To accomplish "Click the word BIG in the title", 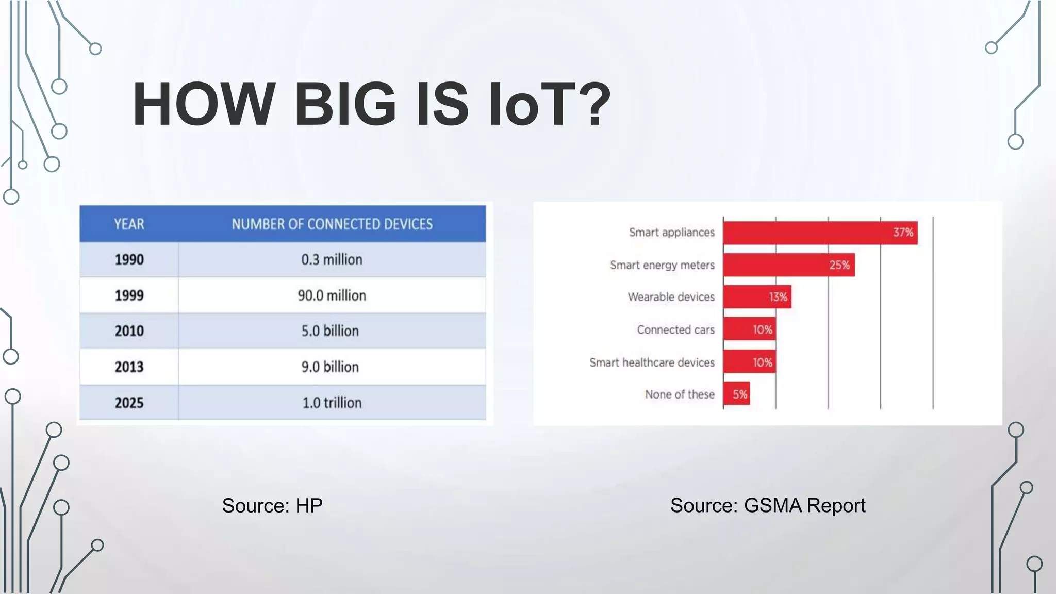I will [x=344, y=105].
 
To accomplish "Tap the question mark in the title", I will [x=593, y=105].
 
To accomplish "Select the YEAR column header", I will [x=129, y=224].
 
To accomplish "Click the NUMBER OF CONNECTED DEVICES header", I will [x=332, y=224].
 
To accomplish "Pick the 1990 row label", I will [x=129, y=259].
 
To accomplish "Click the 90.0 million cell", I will [x=332, y=295].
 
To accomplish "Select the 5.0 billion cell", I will [x=330, y=331].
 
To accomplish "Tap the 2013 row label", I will [x=129, y=367].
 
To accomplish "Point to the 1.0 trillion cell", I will [x=332, y=403].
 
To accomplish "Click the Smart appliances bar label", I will [x=671, y=233].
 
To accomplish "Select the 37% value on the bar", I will [x=903, y=233].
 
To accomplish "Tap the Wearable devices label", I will [x=671, y=297].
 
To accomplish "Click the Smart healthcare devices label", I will [x=652, y=362].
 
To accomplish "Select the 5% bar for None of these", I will [x=736, y=394].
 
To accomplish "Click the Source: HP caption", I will [x=272, y=506].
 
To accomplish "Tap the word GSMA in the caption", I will [x=772, y=506].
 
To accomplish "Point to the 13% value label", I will [x=778, y=297].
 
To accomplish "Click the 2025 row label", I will [x=129, y=403].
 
